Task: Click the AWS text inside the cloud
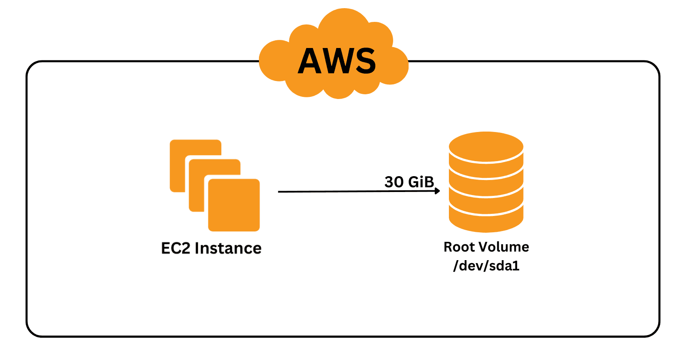pos(337,61)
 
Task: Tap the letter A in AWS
pos(310,61)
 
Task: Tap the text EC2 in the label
pos(175,249)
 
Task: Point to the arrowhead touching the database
pos(437,191)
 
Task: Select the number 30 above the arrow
pos(394,182)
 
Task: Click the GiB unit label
pos(421,182)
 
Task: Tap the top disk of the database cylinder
pos(486,147)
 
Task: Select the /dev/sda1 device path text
pos(486,266)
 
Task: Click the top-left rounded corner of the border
pos(32,67)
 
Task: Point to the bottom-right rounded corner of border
pos(653,331)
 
